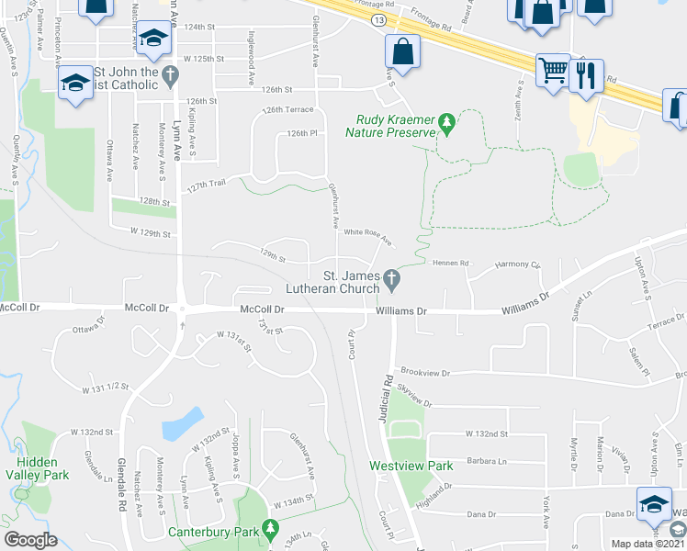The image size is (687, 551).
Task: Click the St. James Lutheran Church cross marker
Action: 392,276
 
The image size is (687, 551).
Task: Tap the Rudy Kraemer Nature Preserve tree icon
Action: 446,122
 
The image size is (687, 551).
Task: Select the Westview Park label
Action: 411,466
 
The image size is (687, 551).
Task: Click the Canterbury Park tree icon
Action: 270,530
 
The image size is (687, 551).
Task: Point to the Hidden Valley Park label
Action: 38,468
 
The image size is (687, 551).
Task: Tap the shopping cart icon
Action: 553,69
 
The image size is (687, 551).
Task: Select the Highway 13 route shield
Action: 379,18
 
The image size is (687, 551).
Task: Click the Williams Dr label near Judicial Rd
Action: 402,311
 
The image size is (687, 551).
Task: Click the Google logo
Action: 30,540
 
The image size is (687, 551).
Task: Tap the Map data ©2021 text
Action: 645,543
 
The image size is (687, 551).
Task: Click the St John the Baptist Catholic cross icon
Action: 169,73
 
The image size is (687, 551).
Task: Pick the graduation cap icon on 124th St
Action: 155,39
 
